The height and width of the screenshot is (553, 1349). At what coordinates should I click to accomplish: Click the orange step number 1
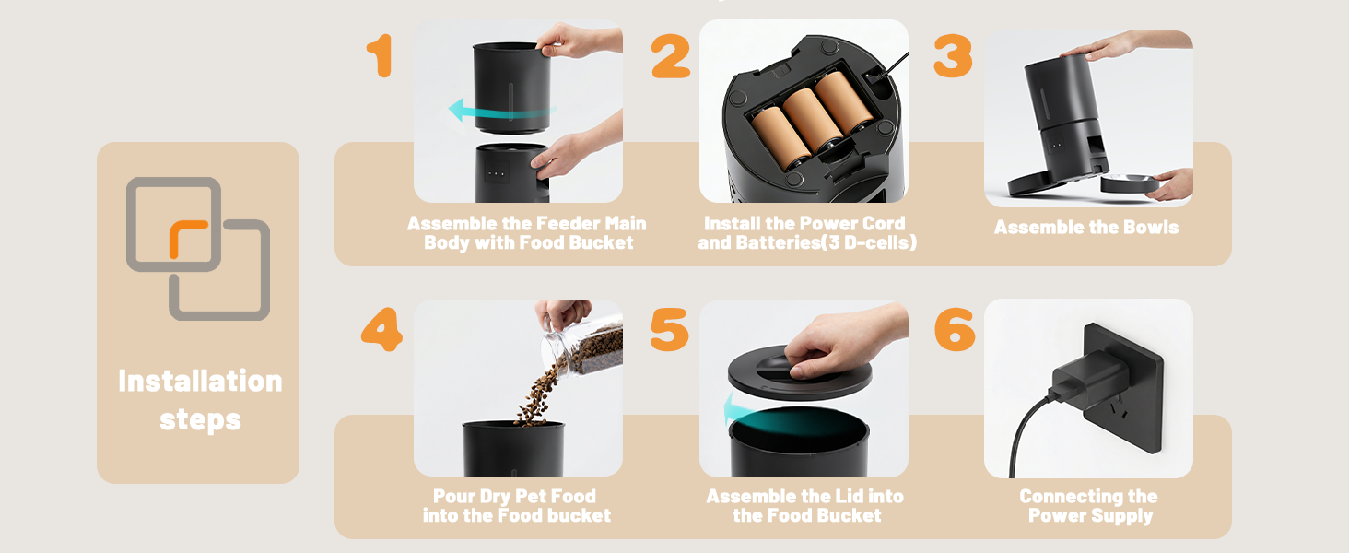tap(381, 57)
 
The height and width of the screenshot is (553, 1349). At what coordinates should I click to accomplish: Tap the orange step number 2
tap(671, 57)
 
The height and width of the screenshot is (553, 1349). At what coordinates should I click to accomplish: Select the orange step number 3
tap(953, 57)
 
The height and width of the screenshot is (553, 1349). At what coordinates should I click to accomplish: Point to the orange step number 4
tap(381, 329)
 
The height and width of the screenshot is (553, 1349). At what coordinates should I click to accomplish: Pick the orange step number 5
tap(669, 329)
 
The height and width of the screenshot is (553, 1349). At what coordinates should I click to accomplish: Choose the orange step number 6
tap(955, 329)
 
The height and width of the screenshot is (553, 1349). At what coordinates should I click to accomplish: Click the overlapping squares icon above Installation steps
tap(198, 249)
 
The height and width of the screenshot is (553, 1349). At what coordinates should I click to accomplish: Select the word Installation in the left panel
tap(200, 381)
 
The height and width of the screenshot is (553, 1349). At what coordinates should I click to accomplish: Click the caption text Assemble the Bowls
tap(1086, 227)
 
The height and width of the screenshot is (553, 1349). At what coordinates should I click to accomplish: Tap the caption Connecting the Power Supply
tap(1089, 506)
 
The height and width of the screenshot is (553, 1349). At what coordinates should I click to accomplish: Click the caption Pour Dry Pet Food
tap(515, 496)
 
